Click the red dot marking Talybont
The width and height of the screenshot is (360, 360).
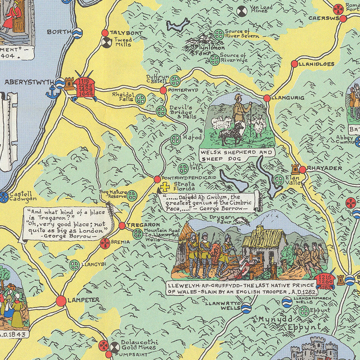[105, 33]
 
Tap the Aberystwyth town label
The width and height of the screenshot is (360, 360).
[29, 82]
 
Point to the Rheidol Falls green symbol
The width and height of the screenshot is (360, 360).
[140, 99]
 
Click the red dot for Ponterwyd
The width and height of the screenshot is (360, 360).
[163, 90]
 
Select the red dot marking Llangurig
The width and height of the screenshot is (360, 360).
[267, 98]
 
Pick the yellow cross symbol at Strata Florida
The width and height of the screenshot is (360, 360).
[164, 186]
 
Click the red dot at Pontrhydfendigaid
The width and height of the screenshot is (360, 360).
[157, 179]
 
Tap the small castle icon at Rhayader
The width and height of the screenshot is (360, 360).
[295, 168]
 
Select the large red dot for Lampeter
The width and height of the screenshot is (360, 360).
[61, 301]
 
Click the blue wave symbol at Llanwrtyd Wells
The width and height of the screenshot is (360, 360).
[246, 307]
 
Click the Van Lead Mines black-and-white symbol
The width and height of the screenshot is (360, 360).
[242, 11]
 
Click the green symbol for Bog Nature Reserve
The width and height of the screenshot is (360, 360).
[132, 196]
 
